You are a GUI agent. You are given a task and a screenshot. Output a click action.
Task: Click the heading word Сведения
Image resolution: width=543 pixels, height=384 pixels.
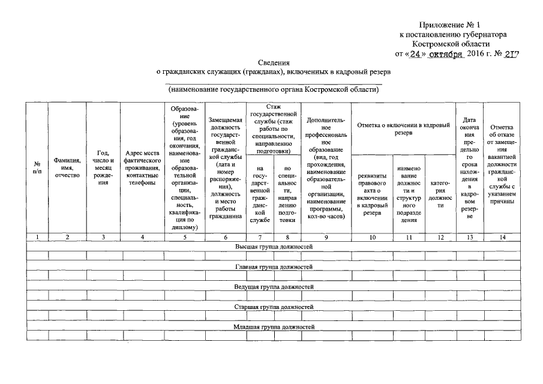pyautogui.click(x=274, y=62)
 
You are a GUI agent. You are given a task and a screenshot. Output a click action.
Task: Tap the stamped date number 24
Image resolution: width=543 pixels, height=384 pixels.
pyautogui.click(x=415, y=53)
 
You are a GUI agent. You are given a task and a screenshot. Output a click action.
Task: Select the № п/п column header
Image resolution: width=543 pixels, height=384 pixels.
pyautogui.click(x=37, y=167)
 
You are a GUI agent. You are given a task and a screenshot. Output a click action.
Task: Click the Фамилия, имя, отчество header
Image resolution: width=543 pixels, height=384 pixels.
pyautogui.click(x=67, y=167)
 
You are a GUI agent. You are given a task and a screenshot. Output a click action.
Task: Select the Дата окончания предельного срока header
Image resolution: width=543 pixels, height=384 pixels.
pyautogui.click(x=470, y=167)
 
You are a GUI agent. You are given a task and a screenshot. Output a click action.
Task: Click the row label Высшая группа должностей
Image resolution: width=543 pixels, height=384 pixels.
pyautogui.click(x=274, y=247)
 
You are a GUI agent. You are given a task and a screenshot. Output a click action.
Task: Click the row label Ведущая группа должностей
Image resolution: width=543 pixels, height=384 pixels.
pyautogui.click(x=274, y=287)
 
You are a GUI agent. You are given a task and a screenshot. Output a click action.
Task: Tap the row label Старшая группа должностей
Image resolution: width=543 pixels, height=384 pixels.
pyautogui.click(x=274, y=307)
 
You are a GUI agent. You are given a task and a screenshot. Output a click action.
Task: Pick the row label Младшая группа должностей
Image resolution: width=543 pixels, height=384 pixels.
pyautogui.click(x=274, y=326)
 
